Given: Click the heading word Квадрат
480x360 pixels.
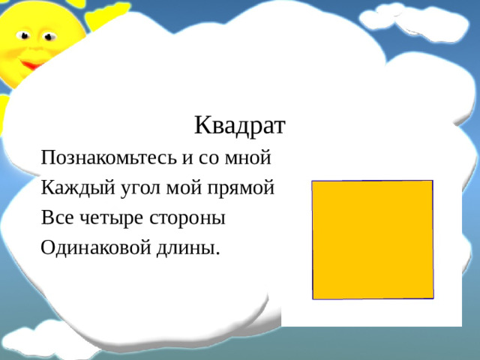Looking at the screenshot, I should tap(239, 124).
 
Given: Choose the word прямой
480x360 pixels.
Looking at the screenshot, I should tap(242, 188).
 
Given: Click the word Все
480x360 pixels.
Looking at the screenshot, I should tap(57, 218).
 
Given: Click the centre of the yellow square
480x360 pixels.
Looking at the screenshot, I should tap(373, 240).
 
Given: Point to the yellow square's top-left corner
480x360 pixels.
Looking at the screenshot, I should tap(313, 181).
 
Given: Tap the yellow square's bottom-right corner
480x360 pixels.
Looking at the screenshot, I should tap(433, 298).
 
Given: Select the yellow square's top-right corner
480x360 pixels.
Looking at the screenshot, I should tap(433, 181).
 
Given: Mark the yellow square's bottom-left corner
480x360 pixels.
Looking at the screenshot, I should tap(313, 299).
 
